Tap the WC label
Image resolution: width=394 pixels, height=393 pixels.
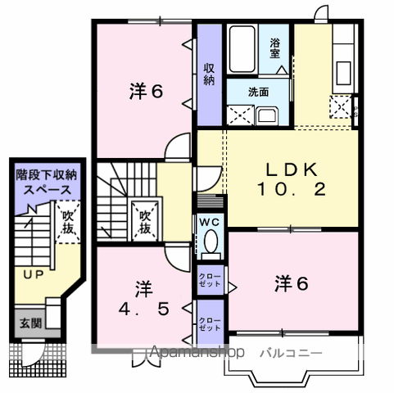[208, 221]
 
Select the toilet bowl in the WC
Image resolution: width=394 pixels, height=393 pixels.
[210, 242]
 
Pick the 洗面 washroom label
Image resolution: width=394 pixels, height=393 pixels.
[260, 93]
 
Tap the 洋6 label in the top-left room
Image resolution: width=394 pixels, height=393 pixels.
[145, 91]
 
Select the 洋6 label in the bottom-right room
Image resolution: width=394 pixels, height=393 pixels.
[291, 283]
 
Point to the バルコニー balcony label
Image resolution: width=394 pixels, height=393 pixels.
[291, 354]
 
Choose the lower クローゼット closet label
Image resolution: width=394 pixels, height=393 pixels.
[208, 322]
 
